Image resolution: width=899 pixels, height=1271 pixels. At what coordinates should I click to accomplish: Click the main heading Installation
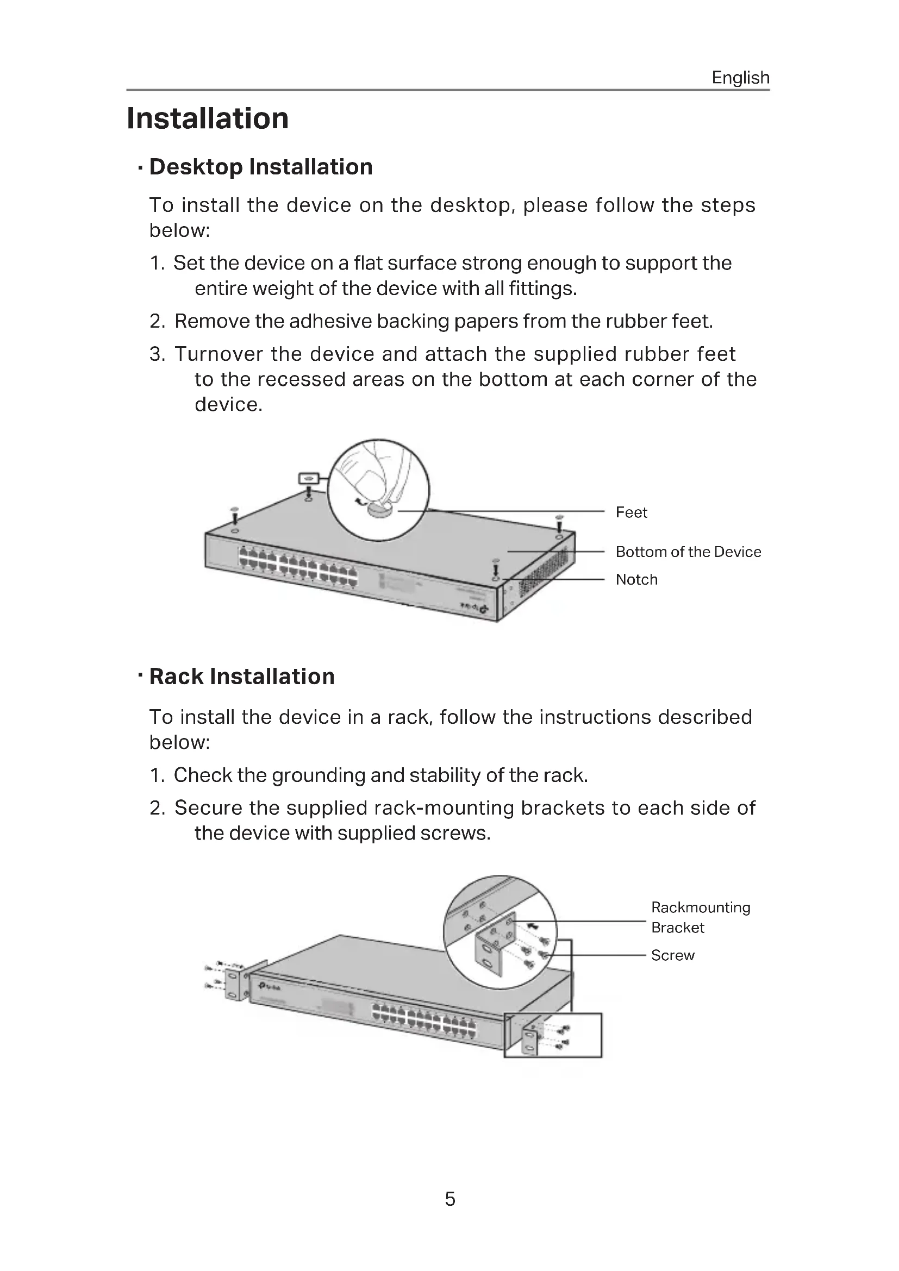[208, 118]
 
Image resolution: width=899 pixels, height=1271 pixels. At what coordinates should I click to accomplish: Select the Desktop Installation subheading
[261, 167]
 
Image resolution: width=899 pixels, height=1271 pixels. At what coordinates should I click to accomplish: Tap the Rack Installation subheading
[242, 677]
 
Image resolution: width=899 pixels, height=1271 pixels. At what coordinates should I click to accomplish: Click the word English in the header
[740, 78]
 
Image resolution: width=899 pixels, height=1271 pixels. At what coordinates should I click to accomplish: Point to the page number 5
[450, 1199]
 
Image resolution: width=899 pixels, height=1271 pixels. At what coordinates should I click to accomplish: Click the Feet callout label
[631, 512]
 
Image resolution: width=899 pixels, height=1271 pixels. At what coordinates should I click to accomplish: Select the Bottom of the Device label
[688, 552]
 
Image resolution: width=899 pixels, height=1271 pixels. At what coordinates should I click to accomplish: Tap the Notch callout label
[636, 579]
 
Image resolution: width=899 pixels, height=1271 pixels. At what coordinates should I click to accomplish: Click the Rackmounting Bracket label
[700, 917]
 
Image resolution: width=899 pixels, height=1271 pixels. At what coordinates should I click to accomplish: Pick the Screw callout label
[672, 955]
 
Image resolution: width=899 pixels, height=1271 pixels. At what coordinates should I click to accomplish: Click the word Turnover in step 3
[218, 354]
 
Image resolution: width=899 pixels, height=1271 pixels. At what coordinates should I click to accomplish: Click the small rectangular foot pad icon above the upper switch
[309, 477]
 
